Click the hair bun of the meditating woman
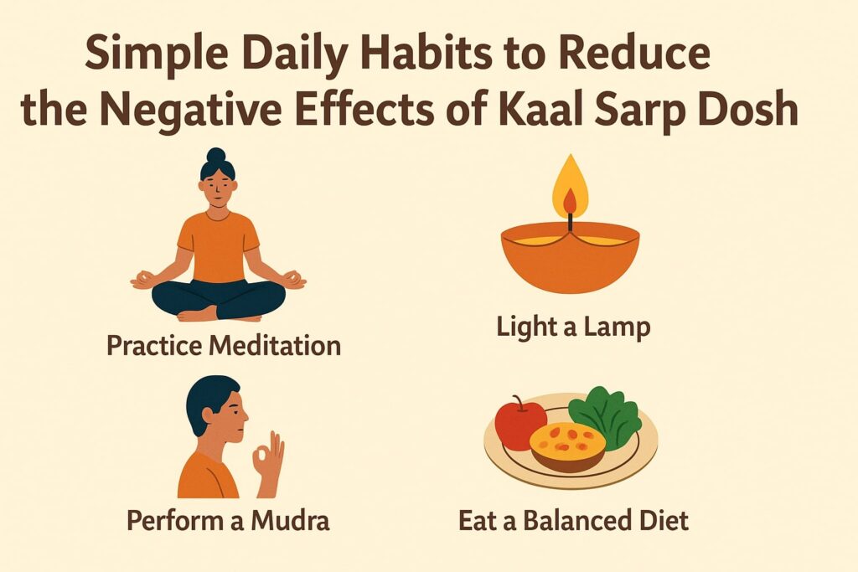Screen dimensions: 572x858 [x=216, y=155]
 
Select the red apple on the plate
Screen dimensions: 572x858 [x=519, y=422]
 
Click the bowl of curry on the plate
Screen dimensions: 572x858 [x=567, y=445]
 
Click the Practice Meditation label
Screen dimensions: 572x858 [x=224, y=345]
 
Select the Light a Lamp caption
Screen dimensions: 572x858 [x=573, y=327]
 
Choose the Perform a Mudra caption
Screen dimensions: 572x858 [x=228, y=520]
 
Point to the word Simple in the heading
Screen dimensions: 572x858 [x=144, y=57]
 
